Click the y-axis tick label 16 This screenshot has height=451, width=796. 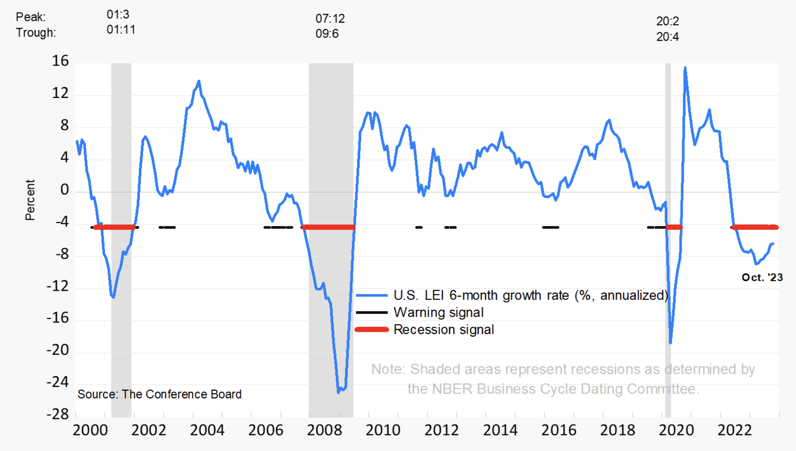tap(60, 61)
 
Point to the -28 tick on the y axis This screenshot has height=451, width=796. tap(58, 414)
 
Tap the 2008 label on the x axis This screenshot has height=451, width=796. tap(324, 430)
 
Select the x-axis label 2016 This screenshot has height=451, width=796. tap(559, 430)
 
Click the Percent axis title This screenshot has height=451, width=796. tap(30, 200)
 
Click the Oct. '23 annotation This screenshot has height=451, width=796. tap(762, 277)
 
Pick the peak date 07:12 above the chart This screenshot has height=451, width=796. tap(330, 19)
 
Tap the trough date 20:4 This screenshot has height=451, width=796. tap(667, 37)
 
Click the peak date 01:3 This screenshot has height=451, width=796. tap(118, 14)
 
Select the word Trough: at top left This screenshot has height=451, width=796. tap(36, 33)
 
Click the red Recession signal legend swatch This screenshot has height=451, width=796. tap(372, 329)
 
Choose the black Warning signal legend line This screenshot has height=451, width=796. tap(372, 312)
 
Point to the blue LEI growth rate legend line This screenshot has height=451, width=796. tap(372, 295)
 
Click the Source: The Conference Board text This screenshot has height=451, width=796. tap(159, 394)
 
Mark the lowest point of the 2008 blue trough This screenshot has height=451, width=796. tap(338, 392)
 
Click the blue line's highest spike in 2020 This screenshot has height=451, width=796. tap(685, 67)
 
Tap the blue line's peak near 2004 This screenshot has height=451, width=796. tap(199, 81)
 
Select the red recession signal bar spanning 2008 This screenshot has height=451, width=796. tap(328, 227)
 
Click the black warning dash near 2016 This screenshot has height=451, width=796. tap(550, 227)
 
